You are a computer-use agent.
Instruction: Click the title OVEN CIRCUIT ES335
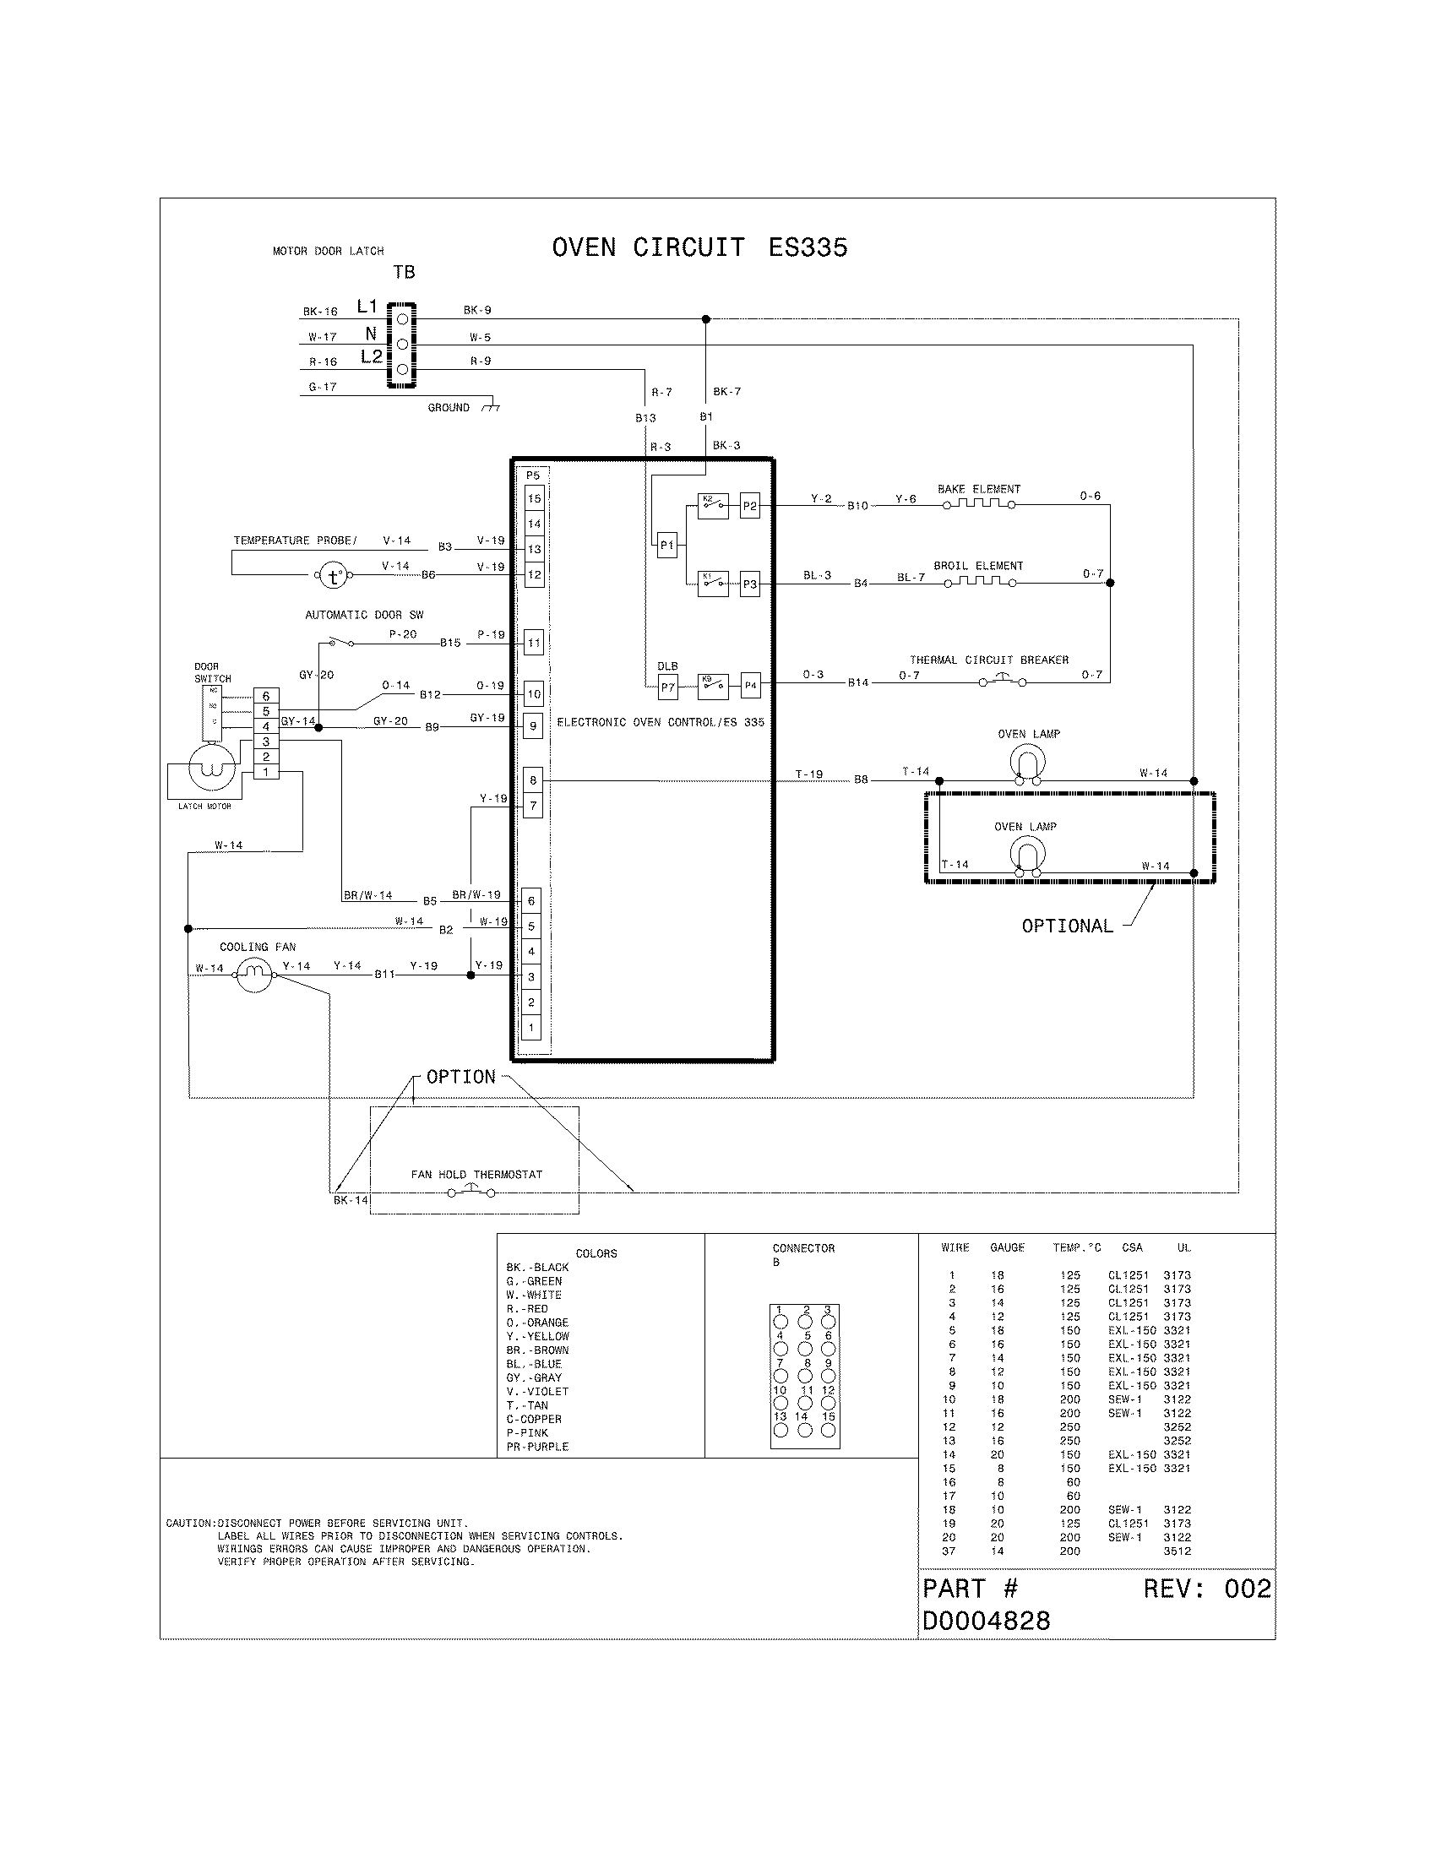click(699, 247)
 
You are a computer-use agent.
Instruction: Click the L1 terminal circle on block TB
click(402, 318)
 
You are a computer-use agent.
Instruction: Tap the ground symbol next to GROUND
click(491, 409)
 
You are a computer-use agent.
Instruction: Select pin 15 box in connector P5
click(534, 498)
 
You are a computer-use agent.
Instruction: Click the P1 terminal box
click(667, 546)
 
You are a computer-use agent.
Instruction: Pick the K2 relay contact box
click(713, 505)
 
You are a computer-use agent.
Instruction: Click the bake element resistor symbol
click(978, 503)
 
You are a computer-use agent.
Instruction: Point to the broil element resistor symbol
click(978, 582)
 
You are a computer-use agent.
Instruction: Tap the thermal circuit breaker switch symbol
click(1002, 681)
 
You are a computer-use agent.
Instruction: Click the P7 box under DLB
click(668, 687)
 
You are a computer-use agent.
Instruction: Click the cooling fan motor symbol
click(253, 975)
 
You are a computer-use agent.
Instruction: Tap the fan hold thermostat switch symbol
click(471, 1192)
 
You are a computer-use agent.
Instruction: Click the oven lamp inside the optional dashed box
click(1026, 856)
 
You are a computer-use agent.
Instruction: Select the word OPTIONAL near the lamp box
click(1067, 926)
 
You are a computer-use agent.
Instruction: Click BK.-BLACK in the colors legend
click(537, 1267)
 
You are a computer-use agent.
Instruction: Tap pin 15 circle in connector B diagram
click(828, 1431)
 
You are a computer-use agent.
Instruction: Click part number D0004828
click(986, 1621)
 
